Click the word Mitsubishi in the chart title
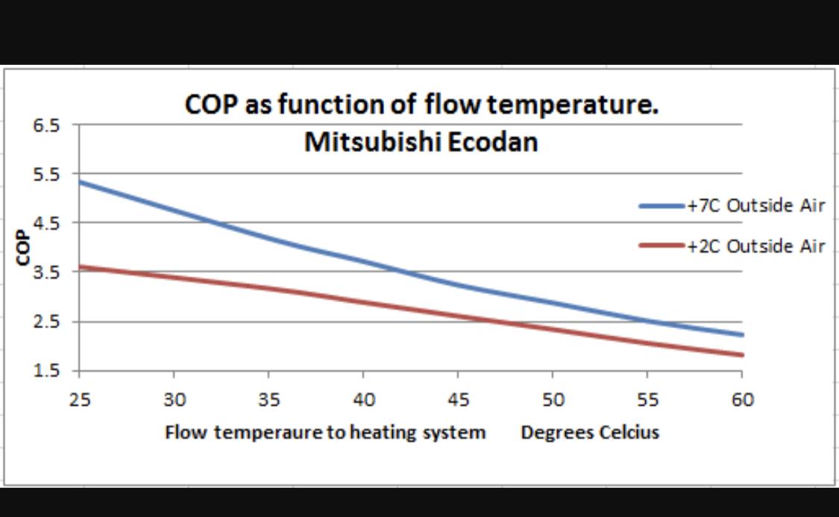click(371, 142)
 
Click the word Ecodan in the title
click(492, 142)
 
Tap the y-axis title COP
click(22, 247)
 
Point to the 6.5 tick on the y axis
click(46, 125)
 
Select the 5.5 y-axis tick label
click(46, 175)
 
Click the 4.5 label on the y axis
click(46, 223)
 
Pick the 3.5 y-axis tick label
click(46, 272)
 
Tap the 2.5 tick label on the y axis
click(46, 322)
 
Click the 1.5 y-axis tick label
click(46, 370)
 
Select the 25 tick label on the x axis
click(80, 399)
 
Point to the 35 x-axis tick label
click(268, 399)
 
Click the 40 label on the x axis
click(364, 399)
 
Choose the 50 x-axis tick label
click(553, 399)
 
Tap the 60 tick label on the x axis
click(743, 399)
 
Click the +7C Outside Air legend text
click(756, 205)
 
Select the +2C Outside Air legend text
click(756, 246)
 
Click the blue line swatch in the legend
click(662, 206)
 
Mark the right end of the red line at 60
click(742, 355)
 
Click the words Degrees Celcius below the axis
click(590, 433)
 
